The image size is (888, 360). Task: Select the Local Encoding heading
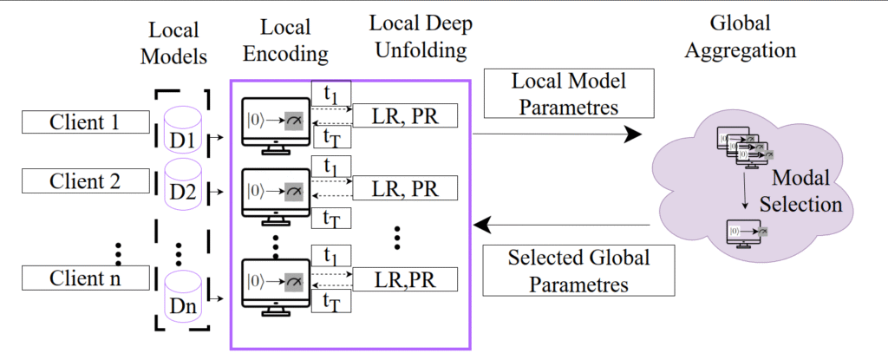(284, 41)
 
